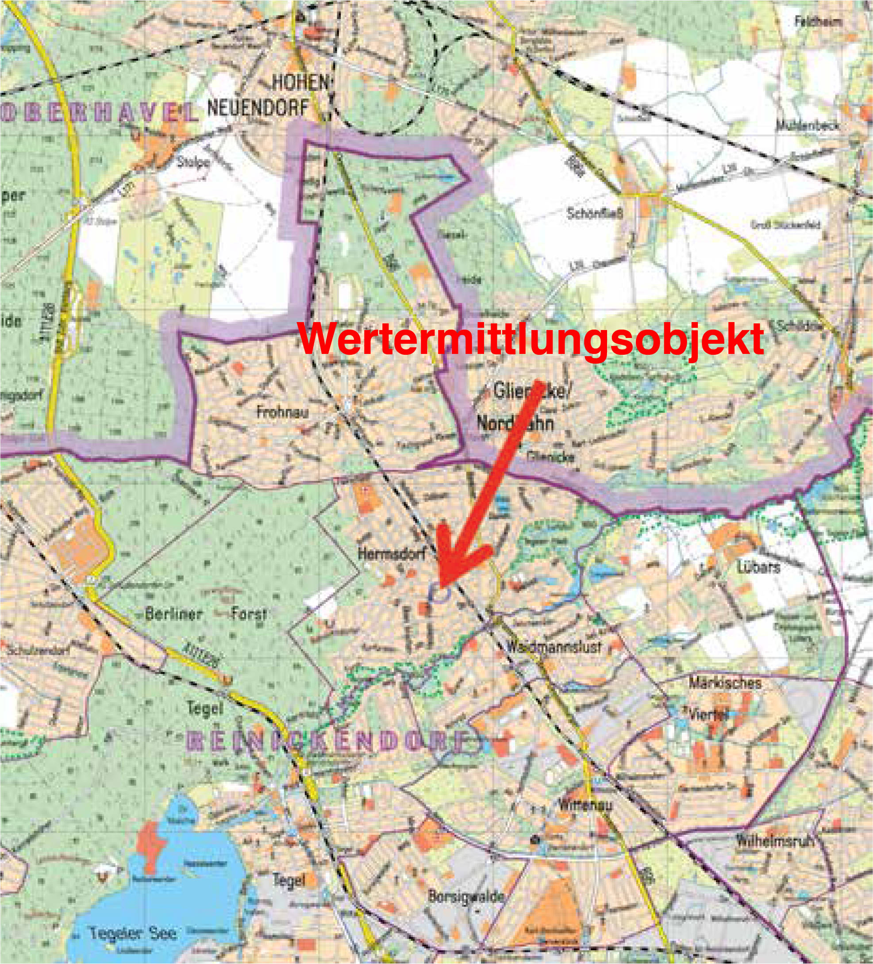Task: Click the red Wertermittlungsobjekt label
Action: click(x=531, y=338)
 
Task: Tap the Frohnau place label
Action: click(x=282, y=412)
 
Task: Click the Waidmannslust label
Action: click(x=554, y=647)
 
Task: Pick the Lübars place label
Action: click(x=759, y=567)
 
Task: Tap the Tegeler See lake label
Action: click(x=132, y=933)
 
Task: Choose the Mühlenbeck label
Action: click(x=808, y=126)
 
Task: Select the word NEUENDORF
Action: click(x=258, y=108)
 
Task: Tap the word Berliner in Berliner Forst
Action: click(x=173, y=614)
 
